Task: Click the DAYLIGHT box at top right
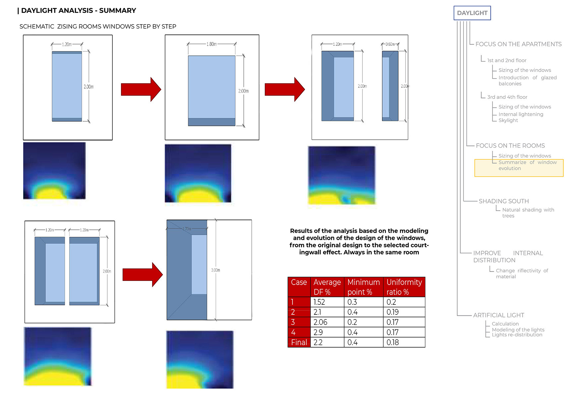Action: [x=472, y=13]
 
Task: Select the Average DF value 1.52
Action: [x=319, y=302]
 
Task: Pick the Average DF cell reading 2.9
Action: [x=318, y=332]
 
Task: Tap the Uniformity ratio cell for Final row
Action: [x=393, y=342]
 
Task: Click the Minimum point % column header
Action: [x=363, y=287]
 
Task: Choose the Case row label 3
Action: [x=293, y=322]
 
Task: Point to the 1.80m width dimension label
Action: [x=212, y=44]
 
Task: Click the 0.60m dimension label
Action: [x=390, y=44]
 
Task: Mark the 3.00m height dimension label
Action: [x=216, y=270]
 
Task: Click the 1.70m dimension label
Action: [x=187, y=229]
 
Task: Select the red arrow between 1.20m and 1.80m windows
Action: [x=141, y=89]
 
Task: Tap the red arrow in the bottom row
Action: [x=143, y=275]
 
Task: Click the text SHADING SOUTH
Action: [x=504, y=201]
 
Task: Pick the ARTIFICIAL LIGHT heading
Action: [x=498, y=315]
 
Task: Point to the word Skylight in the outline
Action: [x=508, y=120]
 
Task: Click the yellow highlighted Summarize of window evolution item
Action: [x=519, y=168]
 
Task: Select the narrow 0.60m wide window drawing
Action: [x=390, y=86]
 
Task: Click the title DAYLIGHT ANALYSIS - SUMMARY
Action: [x=79, y=11]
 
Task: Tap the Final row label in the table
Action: [x=299, y=342]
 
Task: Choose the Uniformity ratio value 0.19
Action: [x=393, y=312]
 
